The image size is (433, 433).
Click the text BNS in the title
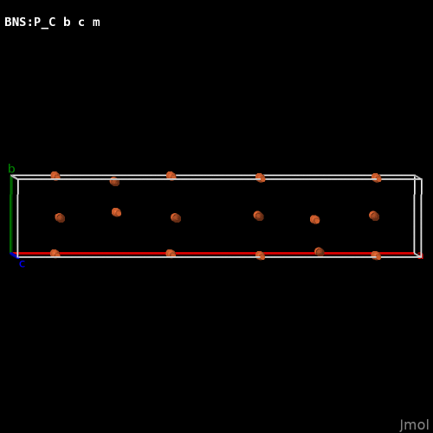point(16,22)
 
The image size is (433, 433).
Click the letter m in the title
point(96,23)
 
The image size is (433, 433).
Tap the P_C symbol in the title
point(45,23)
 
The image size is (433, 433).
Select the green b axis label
point(11,168)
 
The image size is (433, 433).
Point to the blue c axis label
point(22,264)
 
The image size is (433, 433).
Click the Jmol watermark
point(414,425)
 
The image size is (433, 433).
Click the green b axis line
point(11,214)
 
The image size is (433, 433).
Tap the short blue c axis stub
point(14,255)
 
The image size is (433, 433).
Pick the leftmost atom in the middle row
point(60,217)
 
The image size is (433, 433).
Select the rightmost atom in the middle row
point(374,216)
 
